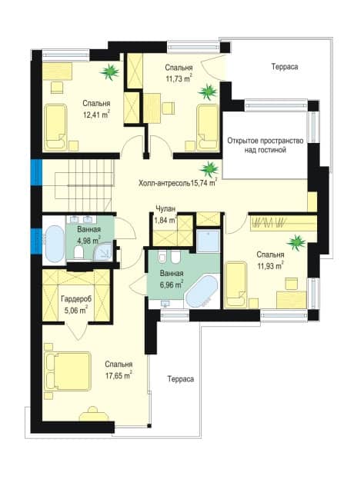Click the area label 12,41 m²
click(97, 115)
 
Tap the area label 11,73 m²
click(179, 78)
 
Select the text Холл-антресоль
click(164, 183)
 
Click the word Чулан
click(165, 209)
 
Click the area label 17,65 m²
click(119, 375)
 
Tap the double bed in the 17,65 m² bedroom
click(68, 371)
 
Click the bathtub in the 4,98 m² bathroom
click(55, 244)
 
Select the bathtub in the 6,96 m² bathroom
click(202, 291)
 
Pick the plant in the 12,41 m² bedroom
click(109, 72)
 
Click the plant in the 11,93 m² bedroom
click(296, 242)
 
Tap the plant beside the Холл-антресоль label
click(209, 169)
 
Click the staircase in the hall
click(83, 186)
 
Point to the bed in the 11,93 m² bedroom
click(235, 284)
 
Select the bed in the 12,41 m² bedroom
click(55, 127)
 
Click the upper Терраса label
click(285, 67)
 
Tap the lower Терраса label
click(181, 379)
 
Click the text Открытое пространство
click(265, 141)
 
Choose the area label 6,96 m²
click(172, 285)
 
